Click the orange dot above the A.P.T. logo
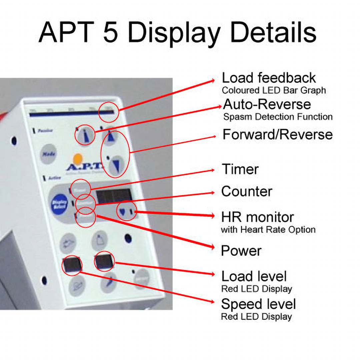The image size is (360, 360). pyautogui.click(x=78, y=158)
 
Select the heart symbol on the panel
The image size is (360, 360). pyautogui.click(x=123, y=211)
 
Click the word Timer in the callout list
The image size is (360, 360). pyautogui.click(x=240, y=169)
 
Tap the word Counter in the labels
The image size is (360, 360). pyautogui.click(x=247, y=191)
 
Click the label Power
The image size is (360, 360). pyautogui.click(x=241, y=251)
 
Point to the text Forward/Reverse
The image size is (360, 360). pyautogui.click(x=277, y=134)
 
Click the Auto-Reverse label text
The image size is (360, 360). pyautogui.click(x=267, y=104)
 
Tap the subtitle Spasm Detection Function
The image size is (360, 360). pyautogui.click(x=278, y=117)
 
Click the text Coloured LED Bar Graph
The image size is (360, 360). pyautogui.click(x=274, y=90)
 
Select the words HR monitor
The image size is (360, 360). pyautogui.click(x=257, y=217)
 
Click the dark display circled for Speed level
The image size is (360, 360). pyautogui.click(x=72, y=265)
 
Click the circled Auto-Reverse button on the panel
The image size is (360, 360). pyautogui.click(x=82, y=135)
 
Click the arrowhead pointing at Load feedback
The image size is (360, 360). pyautogui.click(x=215, y=80)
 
